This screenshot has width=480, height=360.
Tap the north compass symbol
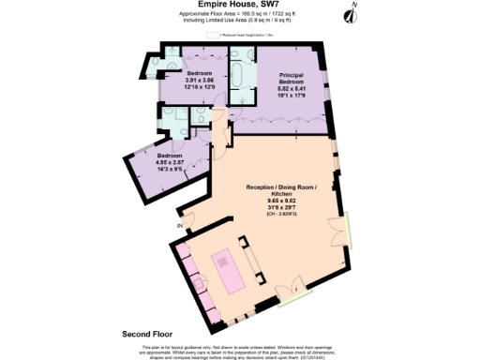(x=352, y=13)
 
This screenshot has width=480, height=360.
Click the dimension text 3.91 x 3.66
(x=200, y=81)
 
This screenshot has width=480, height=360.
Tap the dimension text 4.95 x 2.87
(x=171, y=161)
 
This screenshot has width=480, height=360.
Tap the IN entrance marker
(x=179, y=226)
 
